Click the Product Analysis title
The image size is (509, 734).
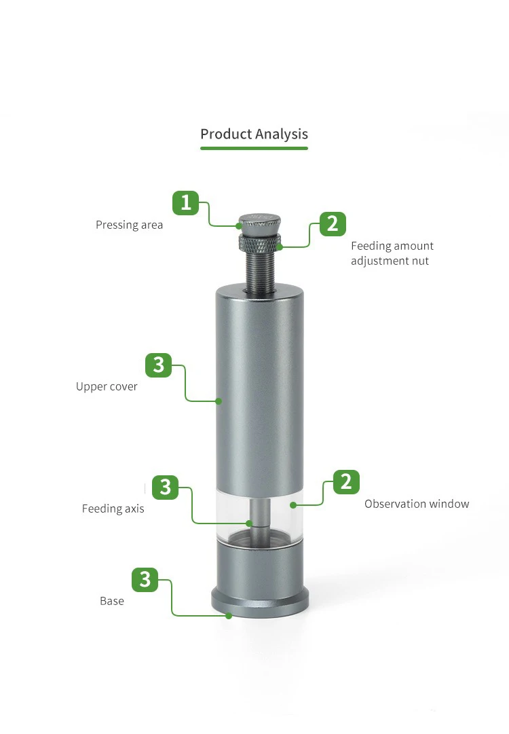coord(254,134)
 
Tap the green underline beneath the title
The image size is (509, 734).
coord(254,149)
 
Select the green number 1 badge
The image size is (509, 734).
coord(186,203)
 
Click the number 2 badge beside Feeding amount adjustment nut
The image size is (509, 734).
coord(333,224)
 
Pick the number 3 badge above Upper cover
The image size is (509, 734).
coord(159,365)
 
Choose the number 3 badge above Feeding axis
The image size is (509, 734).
coord(165,488)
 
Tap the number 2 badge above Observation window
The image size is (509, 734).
coord(346,482)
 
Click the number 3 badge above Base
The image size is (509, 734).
coord(145,579)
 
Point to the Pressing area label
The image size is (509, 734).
coord(129,225)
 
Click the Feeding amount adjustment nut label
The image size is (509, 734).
coord(392,253)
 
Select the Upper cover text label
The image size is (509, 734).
coord(107,386)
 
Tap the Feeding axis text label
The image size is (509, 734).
coord(113,509)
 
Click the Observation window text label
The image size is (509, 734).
coord(417,504)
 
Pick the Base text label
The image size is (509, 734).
coord(112,601)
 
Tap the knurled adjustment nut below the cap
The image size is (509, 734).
coord(260,242)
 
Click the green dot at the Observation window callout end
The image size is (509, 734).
coord(293,505)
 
